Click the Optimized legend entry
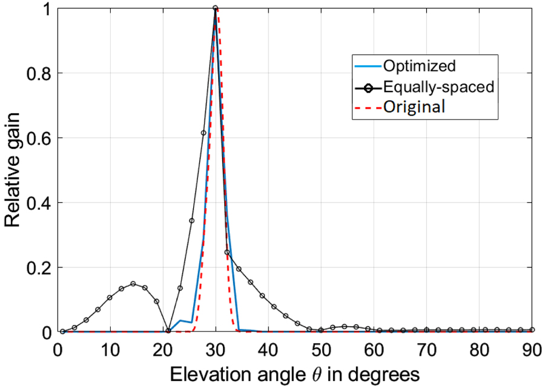418,65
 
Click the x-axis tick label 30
215,350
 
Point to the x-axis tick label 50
321,350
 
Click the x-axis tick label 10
110,350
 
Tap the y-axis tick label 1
45,8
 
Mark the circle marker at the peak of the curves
215,8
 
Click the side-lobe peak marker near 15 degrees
133,284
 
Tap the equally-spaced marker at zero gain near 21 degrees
168,331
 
